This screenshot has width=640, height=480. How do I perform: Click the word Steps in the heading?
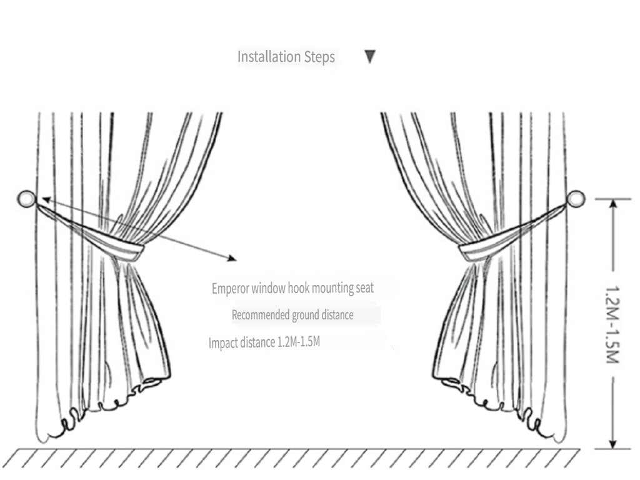319,57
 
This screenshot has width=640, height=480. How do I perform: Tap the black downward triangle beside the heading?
370,57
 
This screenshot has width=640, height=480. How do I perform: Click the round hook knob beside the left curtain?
26,199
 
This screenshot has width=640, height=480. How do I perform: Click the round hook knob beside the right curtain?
576,199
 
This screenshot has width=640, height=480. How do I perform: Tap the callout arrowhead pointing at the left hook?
46,199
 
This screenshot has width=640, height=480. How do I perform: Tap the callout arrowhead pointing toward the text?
232,258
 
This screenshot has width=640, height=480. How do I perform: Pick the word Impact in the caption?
222,343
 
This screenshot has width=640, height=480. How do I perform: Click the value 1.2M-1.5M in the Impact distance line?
298,342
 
